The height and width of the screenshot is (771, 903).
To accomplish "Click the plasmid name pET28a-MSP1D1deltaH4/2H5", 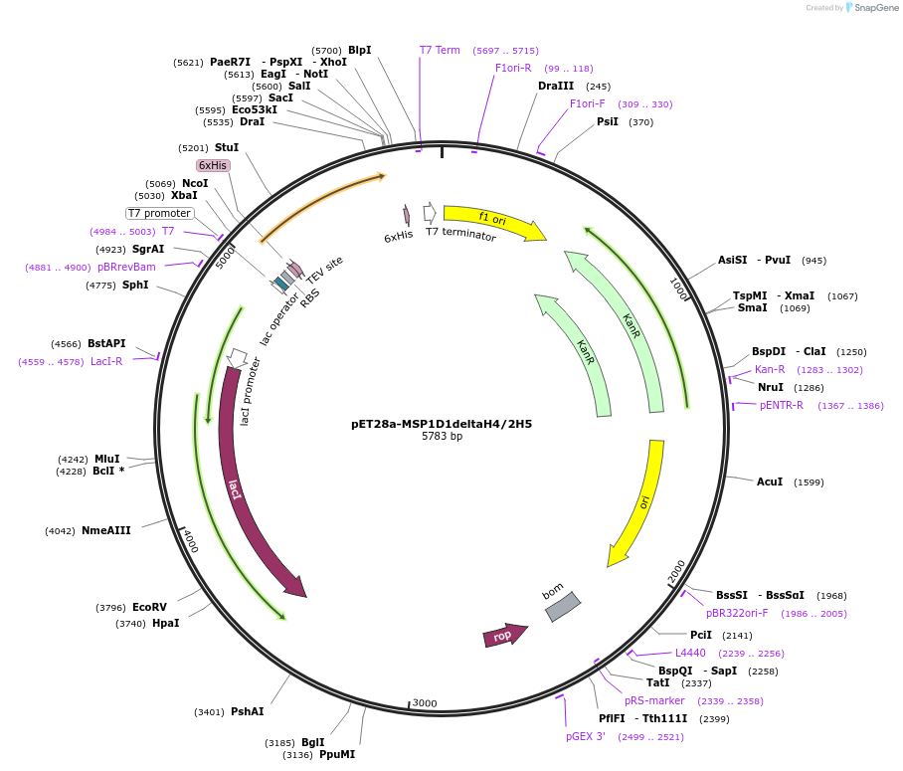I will tap(442, 423).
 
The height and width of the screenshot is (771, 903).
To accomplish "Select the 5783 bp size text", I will tap(442, 437).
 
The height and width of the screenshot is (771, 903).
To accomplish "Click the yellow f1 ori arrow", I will tap(494, 222).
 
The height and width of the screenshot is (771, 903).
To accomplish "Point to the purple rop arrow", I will tap(504, 635).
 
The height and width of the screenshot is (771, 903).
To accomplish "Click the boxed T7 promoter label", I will tap(159, 213).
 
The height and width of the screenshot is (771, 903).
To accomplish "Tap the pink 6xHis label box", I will tap(213, 165).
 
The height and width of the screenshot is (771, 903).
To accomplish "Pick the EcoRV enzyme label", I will tap(149, 607).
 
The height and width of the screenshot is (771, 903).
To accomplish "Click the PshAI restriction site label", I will tap(247, 711).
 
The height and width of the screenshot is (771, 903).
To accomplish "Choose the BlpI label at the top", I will tap(359, 50).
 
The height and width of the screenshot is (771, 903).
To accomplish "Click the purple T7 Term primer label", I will tap(440, 50).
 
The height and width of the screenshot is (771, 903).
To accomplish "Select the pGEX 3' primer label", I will tap(586, 736).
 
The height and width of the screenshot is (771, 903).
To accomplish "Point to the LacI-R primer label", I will tap(106, 361).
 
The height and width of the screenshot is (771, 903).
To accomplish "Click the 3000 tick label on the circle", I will tap(425, 703).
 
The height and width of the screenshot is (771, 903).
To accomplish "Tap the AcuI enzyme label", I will tap(770, 482).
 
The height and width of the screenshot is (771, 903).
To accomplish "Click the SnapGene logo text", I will tap(876, 8).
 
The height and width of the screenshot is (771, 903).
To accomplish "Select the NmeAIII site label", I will tap(106, 530).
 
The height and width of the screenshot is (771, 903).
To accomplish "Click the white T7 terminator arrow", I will tap(430, 212).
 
